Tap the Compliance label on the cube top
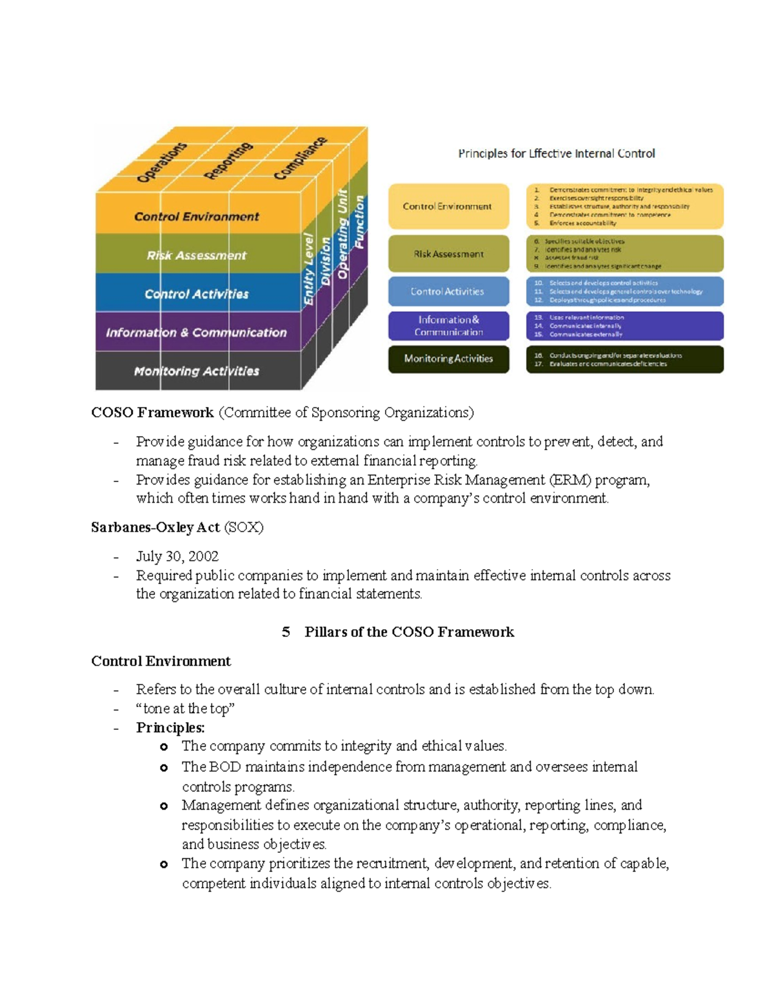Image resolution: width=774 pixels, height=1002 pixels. coord(300,159)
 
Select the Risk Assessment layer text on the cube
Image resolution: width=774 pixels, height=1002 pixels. coord(196,256)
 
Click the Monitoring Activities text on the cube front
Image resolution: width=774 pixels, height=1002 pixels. coord(196,371)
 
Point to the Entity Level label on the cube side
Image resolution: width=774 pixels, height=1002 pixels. coord(310,269)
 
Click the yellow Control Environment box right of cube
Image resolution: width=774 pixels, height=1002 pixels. coord(448,206)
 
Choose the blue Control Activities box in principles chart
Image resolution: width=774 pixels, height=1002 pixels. coord(448,292)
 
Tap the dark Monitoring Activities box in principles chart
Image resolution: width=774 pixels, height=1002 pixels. coord(448,359)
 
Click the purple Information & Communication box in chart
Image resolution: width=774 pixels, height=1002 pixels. coord(448,326)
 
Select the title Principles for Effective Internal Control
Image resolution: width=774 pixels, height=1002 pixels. coord(556,154)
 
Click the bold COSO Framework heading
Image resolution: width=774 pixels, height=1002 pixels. coord(152,412)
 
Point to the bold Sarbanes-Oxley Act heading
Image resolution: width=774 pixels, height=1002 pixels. coord(155,527)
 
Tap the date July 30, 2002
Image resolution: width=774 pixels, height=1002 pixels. coord(177,556)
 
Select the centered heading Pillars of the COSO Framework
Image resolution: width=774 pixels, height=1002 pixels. coord(409,632)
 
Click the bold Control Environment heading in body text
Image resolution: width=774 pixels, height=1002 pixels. coord(161,661)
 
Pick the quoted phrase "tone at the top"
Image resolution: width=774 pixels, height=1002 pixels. coord(185,708)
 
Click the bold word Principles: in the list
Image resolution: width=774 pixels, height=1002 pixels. coord(170,728)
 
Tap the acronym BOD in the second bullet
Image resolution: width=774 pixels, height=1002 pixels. coord(225,767)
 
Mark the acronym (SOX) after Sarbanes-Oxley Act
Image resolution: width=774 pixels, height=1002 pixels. coord(244,527)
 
